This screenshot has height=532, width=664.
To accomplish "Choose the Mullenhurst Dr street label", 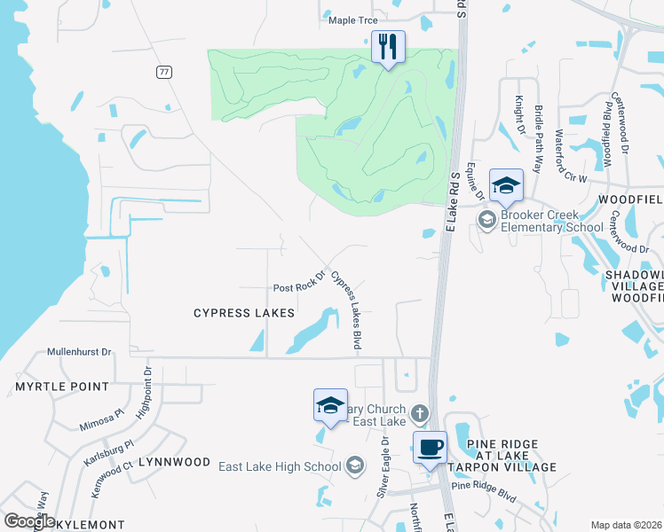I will coord(80,352).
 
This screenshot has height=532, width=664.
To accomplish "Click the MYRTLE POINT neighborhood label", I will coord(61,387).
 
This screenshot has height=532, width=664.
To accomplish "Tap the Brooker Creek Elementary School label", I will coord(540,221).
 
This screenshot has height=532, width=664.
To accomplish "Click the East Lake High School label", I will coord(280,466).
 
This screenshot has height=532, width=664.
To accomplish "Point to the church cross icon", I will coord(420,413).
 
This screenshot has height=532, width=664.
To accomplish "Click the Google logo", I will coord(29,521).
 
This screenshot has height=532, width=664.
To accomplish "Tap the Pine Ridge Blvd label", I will coord(484,486).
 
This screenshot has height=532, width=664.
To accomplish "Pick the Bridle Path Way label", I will coord(539,129).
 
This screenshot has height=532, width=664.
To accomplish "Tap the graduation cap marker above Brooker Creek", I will coord(506,185).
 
